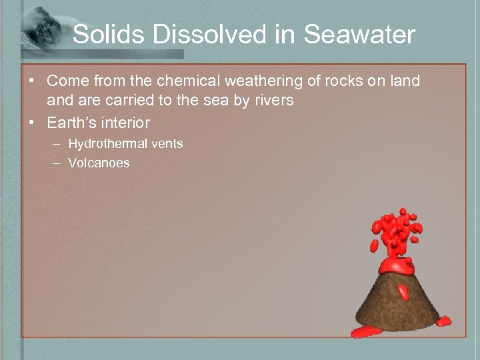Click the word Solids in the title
point(107,35)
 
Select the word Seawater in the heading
point(359,35)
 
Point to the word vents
point(166,143)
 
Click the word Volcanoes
point(99,163)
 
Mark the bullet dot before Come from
point(31,81)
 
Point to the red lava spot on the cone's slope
point(402,291)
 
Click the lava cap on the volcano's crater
point(399,265)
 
